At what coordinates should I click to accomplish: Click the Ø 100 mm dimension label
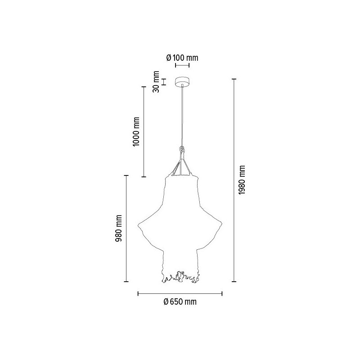click(182, 58)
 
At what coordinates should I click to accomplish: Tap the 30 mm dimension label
click(156, 81)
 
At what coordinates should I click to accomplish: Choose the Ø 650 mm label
click(180, 302)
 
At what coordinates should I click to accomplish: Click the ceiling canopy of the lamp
click(182, 82)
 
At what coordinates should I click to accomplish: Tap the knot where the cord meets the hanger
click(182, 149)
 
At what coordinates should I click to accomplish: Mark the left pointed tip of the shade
click(138, 224)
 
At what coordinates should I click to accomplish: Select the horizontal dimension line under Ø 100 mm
click(182, 65)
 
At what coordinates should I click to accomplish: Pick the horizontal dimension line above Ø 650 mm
click(180, 294)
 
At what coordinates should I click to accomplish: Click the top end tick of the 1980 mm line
click(234, 79)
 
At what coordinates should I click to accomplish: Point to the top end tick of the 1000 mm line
click(144, 86)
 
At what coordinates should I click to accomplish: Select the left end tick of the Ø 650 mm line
click(138, 294)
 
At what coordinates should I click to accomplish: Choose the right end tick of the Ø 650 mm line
click(222, 294)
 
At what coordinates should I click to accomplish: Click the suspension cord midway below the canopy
click(182, 117)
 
